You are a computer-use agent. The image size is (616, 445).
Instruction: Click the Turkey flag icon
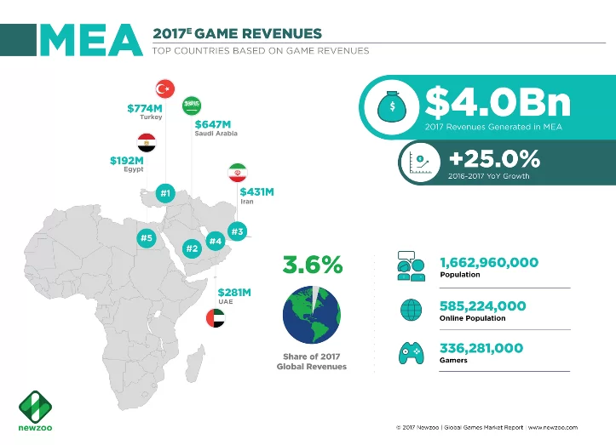pos(166,88)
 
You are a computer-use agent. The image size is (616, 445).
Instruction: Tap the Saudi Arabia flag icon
pos(193,106)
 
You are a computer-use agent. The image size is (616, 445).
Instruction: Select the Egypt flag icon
pos(147,141)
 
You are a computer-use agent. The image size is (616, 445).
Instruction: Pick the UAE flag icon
pos(216,319)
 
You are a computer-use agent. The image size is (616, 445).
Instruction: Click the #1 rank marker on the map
pos(166,195)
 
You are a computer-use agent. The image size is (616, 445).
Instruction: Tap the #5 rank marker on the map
pos(146,239)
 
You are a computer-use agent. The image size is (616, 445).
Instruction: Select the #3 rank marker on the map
pos(238,231)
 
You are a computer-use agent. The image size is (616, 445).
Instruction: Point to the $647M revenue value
pos(213,124)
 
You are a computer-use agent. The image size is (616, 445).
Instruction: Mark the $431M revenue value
pos(256,192)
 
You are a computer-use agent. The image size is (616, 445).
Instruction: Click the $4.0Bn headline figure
pos(498,103)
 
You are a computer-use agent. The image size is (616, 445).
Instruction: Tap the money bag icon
pos(391,106)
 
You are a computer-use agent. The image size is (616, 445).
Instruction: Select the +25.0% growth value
pos(494,159)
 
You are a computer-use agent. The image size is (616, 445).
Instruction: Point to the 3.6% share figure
pos(312,265)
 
